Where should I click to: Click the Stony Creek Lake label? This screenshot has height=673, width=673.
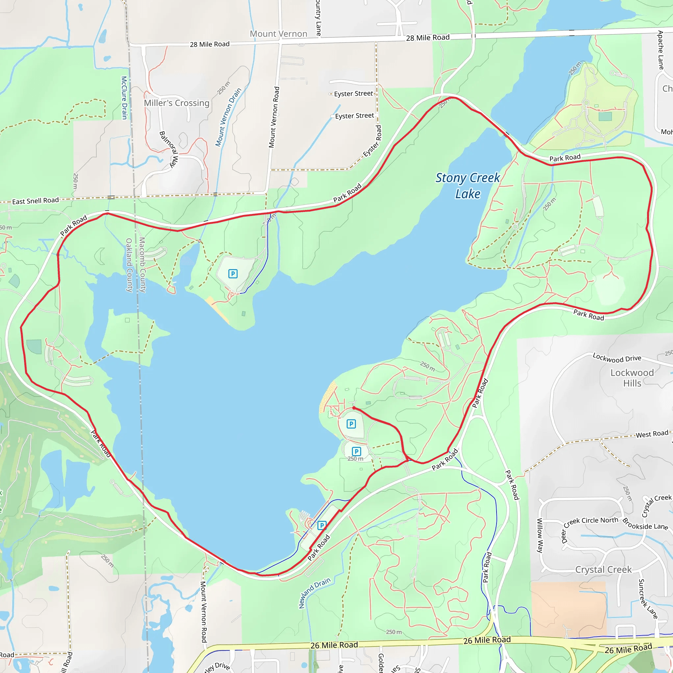468,186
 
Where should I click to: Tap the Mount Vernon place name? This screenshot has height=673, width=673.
278,34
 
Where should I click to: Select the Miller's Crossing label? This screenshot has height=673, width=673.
176,103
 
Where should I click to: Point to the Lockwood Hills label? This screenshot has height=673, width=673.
632,378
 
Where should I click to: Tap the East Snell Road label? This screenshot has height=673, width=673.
35,201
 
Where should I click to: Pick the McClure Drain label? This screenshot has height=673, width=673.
124,98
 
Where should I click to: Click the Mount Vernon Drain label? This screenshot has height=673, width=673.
228,117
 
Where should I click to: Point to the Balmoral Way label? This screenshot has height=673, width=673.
169,150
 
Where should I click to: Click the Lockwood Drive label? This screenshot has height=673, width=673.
617,358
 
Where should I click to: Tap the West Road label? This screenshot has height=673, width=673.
652,434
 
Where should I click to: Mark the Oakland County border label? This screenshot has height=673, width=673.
129,265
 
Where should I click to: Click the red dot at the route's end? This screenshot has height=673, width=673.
354,407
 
